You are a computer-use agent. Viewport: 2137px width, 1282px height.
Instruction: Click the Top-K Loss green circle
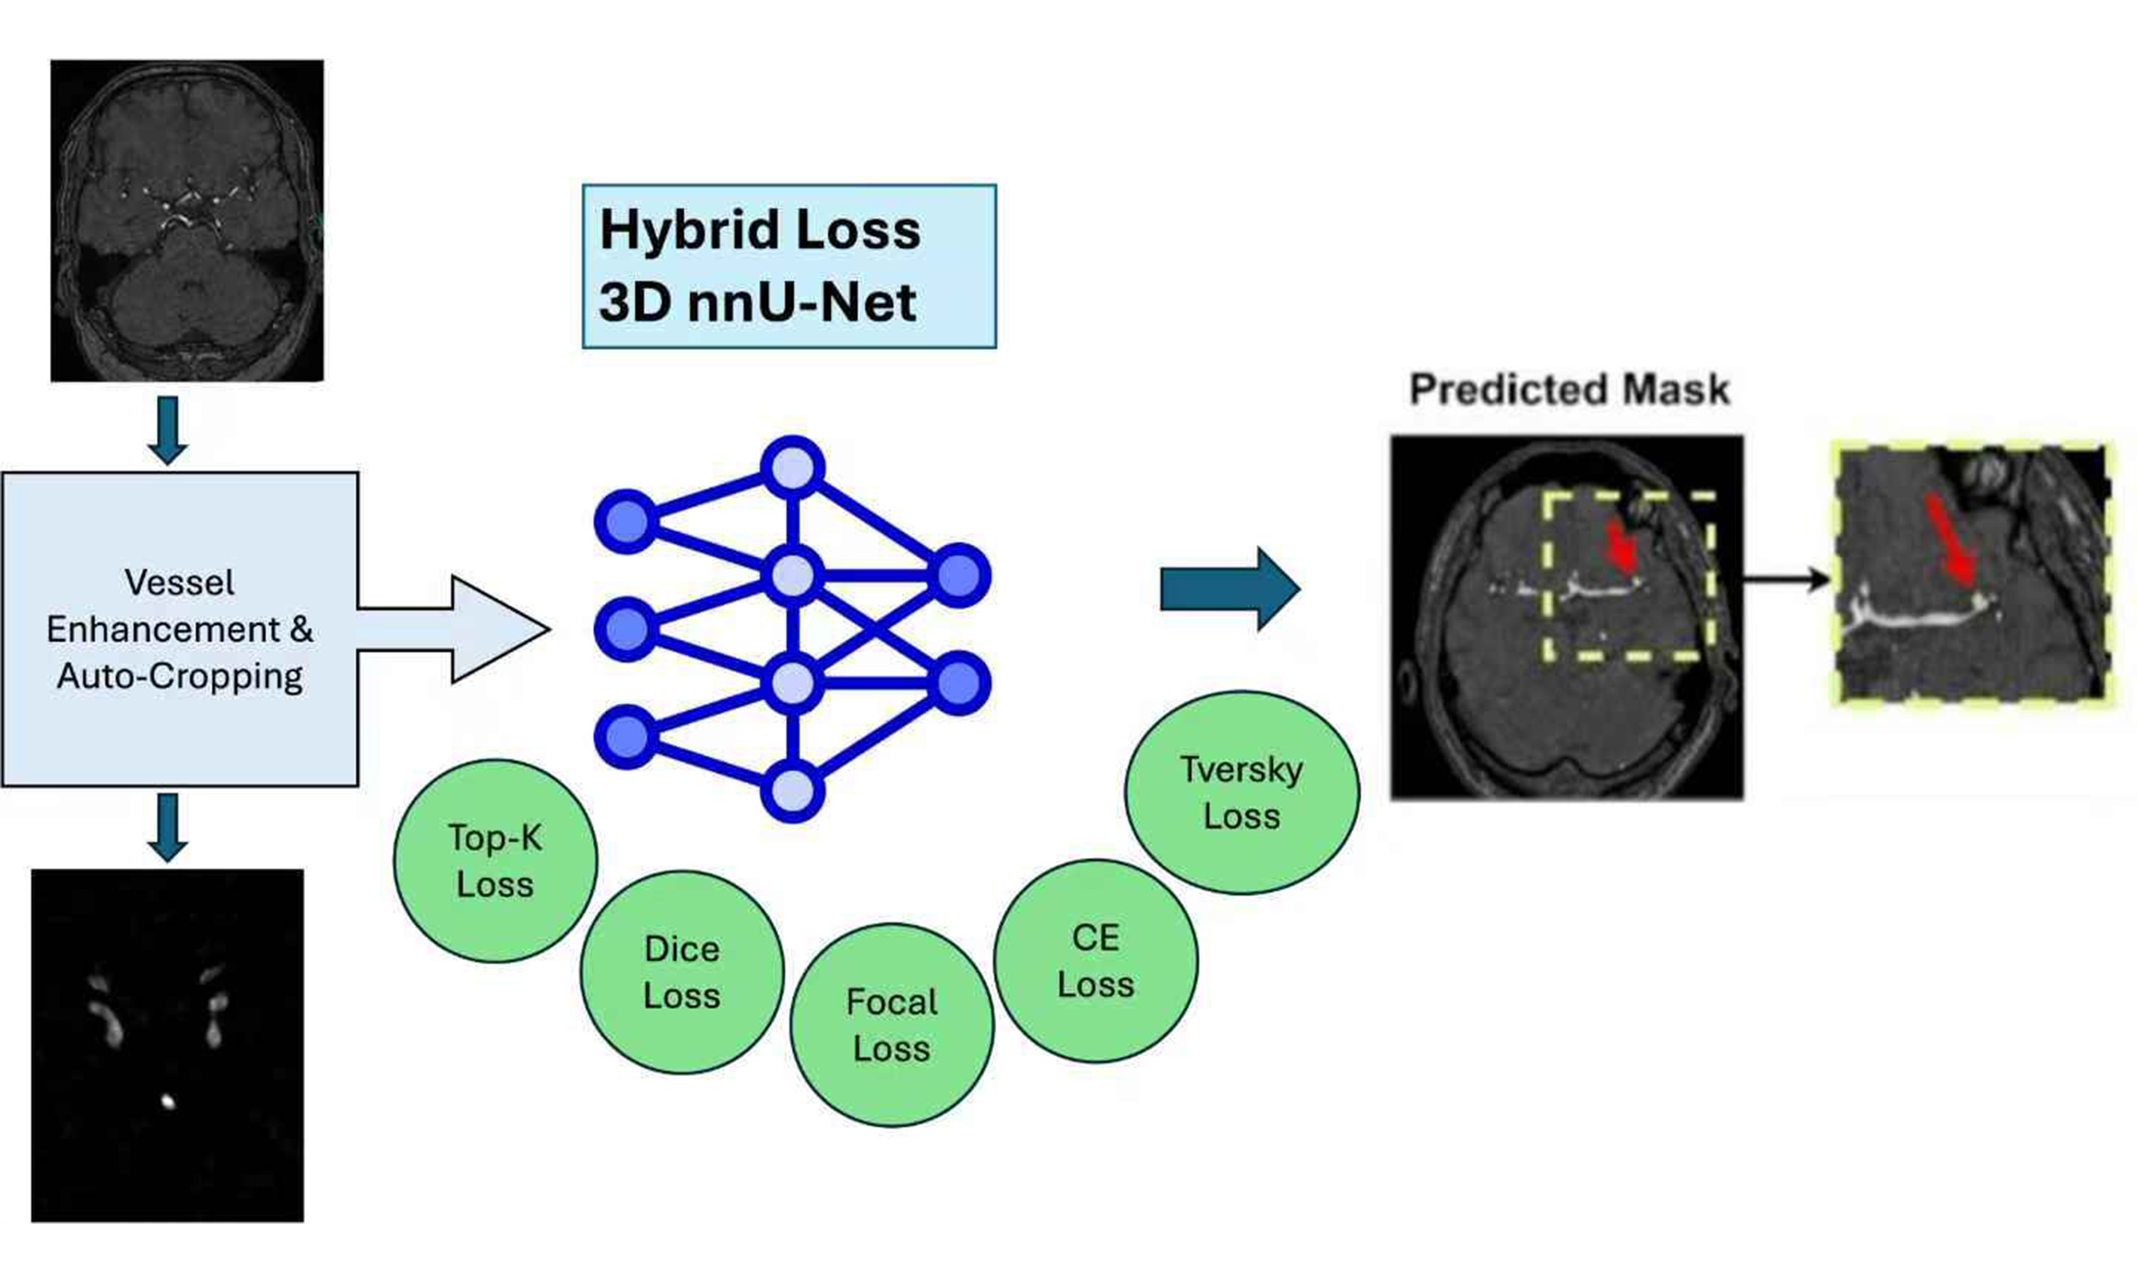coord(495,861)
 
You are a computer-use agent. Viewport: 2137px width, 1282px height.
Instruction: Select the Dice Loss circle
coord(681,972)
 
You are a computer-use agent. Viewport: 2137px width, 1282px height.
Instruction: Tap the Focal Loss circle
coord(892,1025)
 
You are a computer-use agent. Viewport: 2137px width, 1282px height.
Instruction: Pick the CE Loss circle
coord(1095,961)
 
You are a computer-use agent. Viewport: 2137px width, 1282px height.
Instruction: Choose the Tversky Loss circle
coord(1241,792)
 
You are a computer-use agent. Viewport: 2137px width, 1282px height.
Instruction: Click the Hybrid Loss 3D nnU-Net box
coord(789,266)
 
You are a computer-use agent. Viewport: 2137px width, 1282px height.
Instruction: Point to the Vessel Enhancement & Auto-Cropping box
coord(179,629)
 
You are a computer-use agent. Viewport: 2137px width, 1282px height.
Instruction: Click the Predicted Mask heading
coord(1569,390)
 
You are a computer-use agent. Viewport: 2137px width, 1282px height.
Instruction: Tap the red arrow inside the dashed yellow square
coord(1621,546)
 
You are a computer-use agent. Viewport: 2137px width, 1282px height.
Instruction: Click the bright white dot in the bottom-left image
coord(168,1102)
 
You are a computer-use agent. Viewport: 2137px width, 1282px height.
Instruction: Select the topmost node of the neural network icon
coord(792,467)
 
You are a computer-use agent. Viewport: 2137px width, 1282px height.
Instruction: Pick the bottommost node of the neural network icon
coord(792,790)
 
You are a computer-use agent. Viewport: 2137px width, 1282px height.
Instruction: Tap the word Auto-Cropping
coord(179,675)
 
